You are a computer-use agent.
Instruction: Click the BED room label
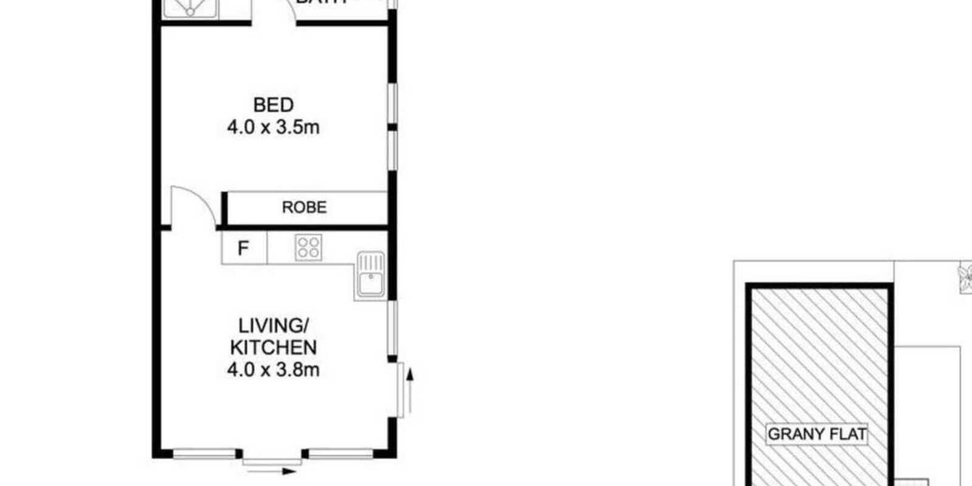273,105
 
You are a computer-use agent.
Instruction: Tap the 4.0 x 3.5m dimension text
273,128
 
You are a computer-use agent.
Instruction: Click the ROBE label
304,207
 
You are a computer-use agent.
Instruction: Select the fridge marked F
244,248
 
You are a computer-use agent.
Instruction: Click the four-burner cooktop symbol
309,248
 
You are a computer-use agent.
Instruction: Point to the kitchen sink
371,275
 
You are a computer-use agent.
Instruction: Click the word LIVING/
273,326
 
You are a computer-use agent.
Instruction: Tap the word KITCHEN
273,347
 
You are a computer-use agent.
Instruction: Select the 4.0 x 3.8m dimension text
273,369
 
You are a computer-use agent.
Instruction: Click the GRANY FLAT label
816,434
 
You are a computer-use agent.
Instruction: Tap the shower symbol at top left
190,8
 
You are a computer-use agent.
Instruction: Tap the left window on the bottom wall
204,453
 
